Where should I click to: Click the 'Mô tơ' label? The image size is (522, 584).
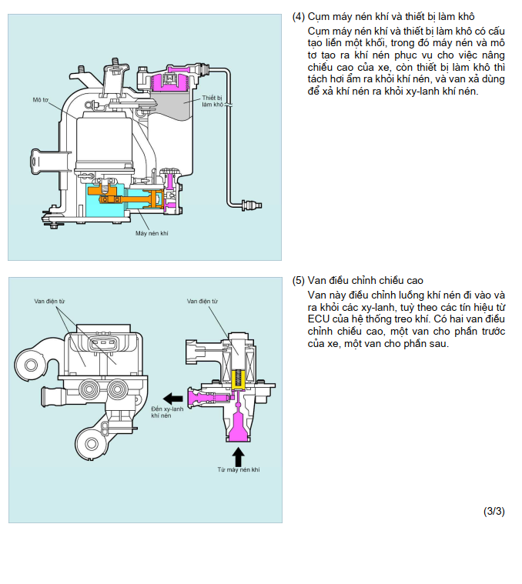coord(41,100)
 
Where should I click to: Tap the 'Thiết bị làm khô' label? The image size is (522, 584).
coord(212,102)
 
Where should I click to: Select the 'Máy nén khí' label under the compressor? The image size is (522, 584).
coord(152,234)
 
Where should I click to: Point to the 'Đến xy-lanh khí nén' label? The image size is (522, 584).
coord(167,412)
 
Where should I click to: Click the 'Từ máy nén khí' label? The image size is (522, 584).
coord(239,469)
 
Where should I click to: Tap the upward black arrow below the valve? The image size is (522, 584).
coord(238,456)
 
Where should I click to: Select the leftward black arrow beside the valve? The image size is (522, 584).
coord(173,399)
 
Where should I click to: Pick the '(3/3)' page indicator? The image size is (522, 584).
coord(494,512)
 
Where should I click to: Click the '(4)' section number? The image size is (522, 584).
coord(299,17)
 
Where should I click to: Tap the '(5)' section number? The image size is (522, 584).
coord(299,280)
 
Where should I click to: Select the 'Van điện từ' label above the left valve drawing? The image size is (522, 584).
coord(49,301)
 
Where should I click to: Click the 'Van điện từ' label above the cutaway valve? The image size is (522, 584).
coord(202,301)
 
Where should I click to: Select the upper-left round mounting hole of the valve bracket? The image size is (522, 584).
coord(32,365)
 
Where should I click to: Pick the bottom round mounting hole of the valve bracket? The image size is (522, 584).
coord(92,444)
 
